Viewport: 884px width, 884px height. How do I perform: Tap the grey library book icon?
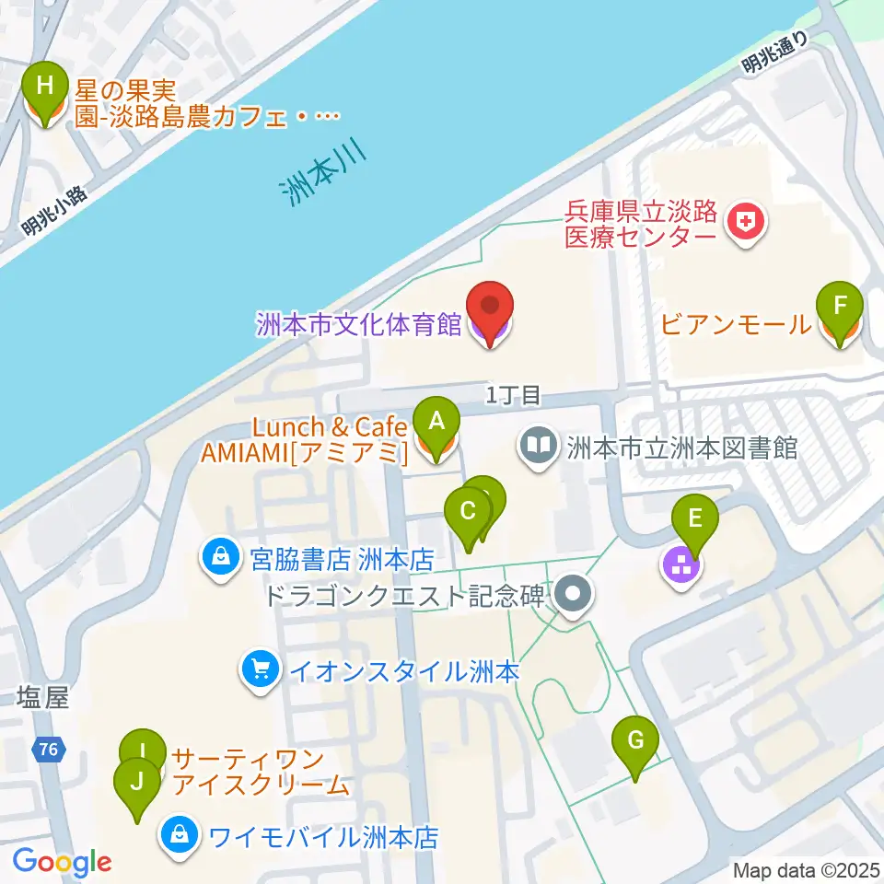tap(539, 448)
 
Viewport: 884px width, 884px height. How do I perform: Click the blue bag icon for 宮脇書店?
tap(221, 558)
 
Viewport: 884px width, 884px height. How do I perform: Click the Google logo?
tap(62, 862)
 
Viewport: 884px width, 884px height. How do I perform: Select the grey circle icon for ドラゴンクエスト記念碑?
tap(575, 594)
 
